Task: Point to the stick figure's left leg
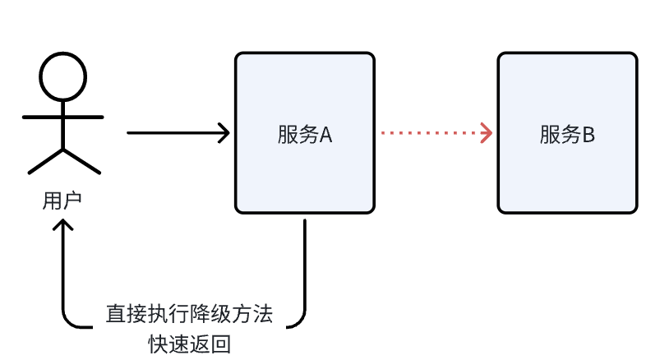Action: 46,162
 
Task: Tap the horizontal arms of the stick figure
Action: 62,117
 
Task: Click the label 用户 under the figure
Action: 62,201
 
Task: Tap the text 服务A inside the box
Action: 304,135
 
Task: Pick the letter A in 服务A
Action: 325,135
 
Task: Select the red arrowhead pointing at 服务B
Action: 487,132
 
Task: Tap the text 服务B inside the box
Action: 567,135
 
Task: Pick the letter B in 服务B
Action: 588,135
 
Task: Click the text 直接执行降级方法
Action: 189,314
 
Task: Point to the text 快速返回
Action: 189,342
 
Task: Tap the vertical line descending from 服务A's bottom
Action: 305,263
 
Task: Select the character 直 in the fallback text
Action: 115,314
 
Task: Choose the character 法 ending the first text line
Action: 263,314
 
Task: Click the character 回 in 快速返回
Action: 221,342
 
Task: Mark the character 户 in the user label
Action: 72,201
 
